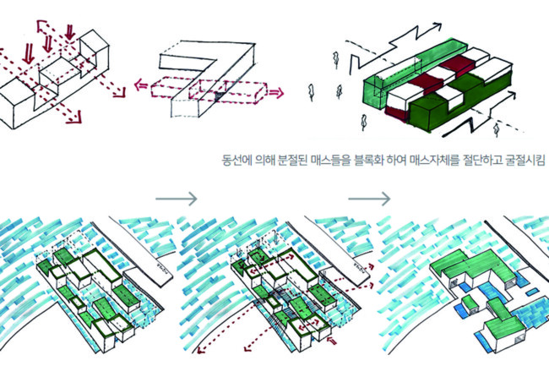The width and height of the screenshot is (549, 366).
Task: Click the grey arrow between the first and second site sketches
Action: click(177, 199)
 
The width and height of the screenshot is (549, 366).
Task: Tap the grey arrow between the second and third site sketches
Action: click(369, 199)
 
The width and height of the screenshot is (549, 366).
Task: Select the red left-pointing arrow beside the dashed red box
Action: click(141, 85)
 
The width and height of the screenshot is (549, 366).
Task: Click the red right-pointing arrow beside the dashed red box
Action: click(275, 93)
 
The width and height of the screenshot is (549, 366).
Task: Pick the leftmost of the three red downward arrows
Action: click(29, 54)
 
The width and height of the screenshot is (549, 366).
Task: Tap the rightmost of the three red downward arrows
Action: click(70, 32)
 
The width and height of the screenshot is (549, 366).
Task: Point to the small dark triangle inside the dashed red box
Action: click(219, 95)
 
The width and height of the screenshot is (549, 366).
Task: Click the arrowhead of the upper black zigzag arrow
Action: click(436, 27)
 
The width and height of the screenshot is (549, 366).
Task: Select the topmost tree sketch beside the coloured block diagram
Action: click(336, 60)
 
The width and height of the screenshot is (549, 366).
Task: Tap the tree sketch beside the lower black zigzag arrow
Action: click(496, 128)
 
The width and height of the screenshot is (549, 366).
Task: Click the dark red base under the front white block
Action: click(397, 113)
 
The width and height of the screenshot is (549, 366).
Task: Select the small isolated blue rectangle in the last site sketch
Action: click(532, 292)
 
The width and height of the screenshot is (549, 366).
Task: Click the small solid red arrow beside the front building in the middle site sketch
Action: click(331, 341)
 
